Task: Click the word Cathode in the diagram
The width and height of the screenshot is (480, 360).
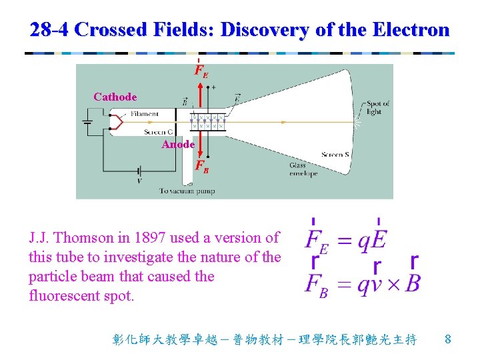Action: click(115, 97)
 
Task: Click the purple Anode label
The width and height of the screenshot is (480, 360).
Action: click(178, 145)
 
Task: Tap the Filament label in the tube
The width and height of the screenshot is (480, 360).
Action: click(145, 114)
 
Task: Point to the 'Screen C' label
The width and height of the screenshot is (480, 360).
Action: click(158, 132)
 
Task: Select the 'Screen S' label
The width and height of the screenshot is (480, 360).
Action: click(336, 155)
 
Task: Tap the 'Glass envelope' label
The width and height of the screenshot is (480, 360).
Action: click(303, 169)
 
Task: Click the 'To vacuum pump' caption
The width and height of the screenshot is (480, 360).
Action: click(187, 191)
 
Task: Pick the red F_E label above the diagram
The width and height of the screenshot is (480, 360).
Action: click(201, 71)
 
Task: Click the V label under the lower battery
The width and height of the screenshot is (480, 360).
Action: click(139, 181)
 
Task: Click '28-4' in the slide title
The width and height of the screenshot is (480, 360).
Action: click(51, 29)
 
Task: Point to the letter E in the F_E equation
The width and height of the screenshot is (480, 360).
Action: click(381, 241)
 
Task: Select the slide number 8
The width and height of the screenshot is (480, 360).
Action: click(448, 339)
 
